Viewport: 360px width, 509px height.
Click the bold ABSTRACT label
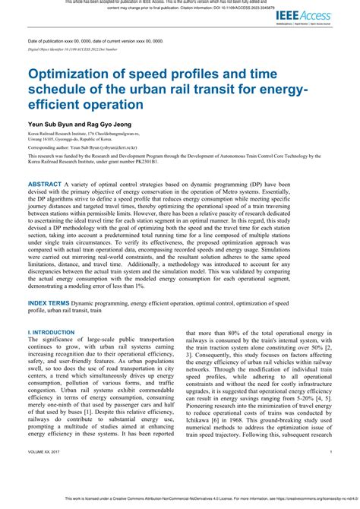(50, 185)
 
